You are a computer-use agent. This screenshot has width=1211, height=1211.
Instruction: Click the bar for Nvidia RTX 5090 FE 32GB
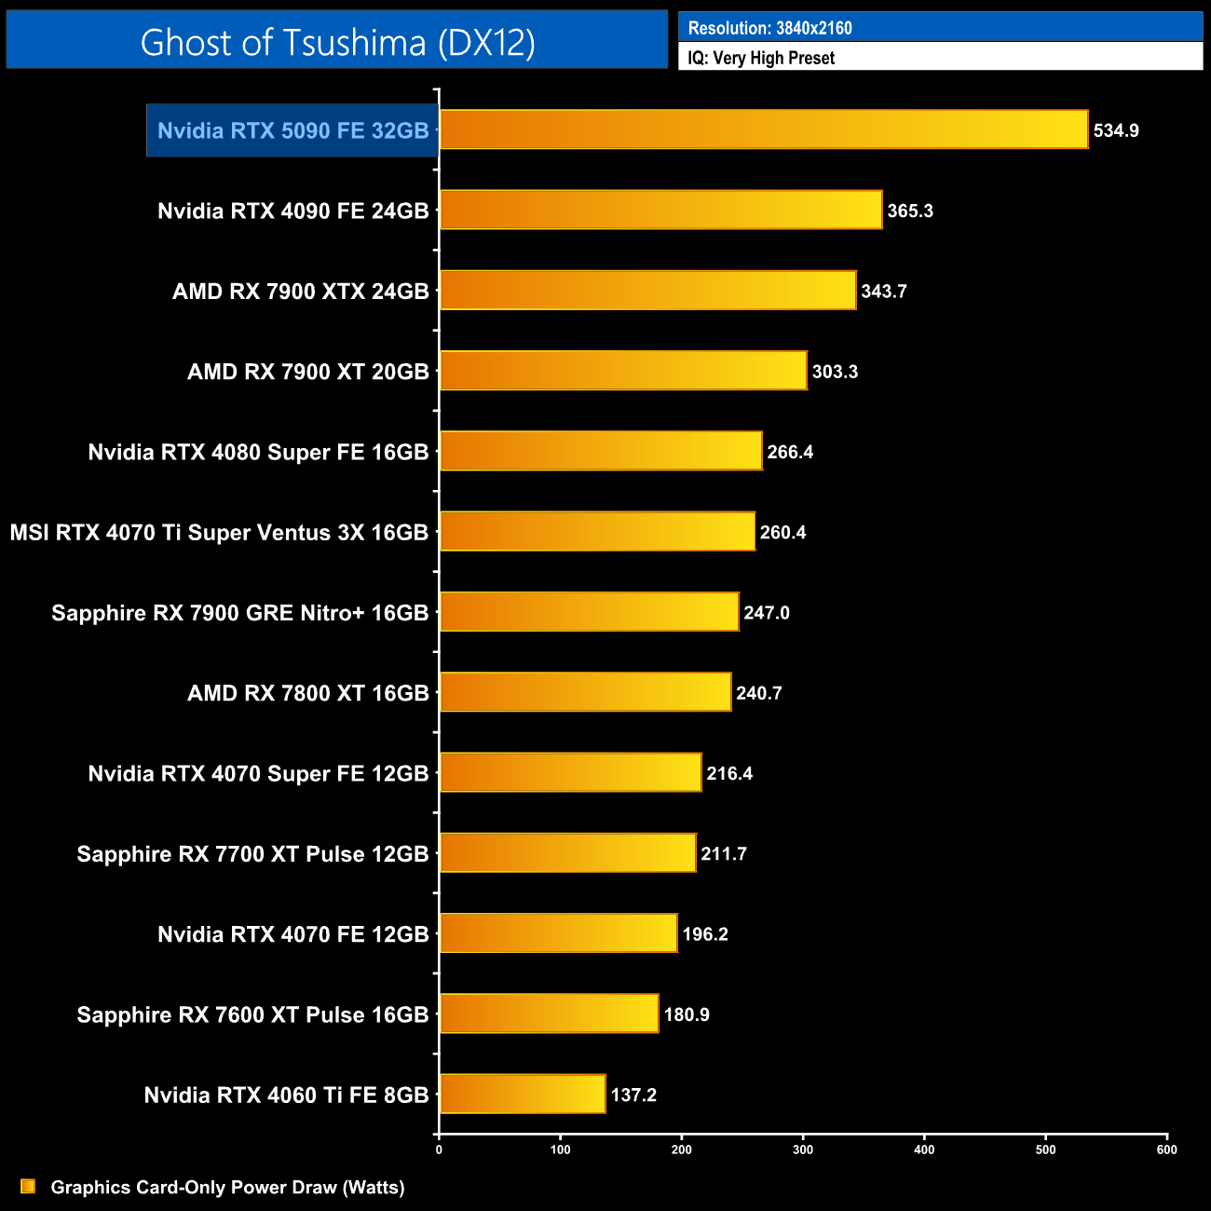764,129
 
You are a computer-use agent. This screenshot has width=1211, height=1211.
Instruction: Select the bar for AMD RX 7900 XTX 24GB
647,291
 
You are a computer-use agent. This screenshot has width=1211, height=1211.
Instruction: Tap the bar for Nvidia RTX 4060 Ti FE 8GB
523,1094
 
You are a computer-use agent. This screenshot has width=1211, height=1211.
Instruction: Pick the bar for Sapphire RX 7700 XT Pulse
567,853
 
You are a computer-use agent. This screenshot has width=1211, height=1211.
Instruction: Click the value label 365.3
910,211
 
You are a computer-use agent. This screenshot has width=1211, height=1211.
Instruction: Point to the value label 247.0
767,613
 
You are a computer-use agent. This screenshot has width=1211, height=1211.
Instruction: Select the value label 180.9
687,1014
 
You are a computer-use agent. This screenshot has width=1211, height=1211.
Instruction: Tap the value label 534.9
1116,130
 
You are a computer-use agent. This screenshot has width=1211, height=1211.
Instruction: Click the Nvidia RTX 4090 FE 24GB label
293,211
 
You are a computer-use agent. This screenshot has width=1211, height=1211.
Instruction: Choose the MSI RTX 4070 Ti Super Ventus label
220,533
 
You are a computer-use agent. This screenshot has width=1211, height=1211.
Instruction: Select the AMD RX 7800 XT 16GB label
308,693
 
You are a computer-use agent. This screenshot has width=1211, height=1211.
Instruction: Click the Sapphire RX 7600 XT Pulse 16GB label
253,1014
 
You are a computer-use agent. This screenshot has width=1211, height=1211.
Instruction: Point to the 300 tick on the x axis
803,1150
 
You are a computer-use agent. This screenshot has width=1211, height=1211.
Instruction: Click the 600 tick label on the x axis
1166,1150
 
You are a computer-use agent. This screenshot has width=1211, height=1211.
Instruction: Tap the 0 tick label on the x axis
439,1150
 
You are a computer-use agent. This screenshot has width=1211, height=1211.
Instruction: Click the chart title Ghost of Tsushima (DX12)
337,42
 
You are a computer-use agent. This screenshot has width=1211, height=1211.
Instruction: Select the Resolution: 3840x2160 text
770,28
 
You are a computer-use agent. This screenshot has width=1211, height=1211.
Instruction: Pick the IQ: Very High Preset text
761,58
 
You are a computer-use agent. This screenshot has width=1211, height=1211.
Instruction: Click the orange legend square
28,1186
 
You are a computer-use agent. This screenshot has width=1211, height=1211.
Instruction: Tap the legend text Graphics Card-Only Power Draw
227,1187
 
